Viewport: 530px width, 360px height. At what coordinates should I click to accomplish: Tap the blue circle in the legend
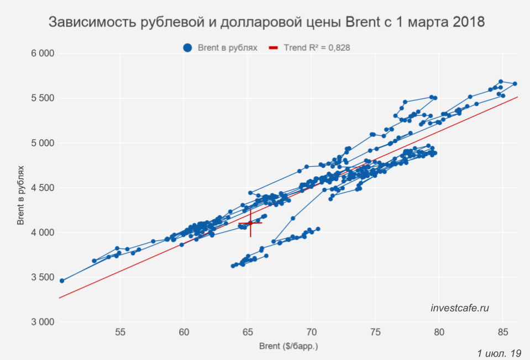(188, 48)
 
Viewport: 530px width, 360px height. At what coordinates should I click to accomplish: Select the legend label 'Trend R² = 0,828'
(317, 48)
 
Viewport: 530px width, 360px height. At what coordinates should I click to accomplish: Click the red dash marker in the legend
(273, 48)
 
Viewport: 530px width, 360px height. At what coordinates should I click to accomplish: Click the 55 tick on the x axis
(120, 332)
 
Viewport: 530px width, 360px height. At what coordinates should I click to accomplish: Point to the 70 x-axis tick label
(312, 332)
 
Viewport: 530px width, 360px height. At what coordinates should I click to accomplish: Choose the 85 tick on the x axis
(502, 332)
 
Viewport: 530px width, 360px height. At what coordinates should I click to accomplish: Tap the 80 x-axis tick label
(439, 332)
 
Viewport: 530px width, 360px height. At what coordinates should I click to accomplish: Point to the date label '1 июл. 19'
(498, 353)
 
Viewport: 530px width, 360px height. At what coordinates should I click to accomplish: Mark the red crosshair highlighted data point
(250, 223)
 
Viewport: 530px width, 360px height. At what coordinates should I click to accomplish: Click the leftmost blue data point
(62, 280)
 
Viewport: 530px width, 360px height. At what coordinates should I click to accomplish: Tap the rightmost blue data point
(515, 84)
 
